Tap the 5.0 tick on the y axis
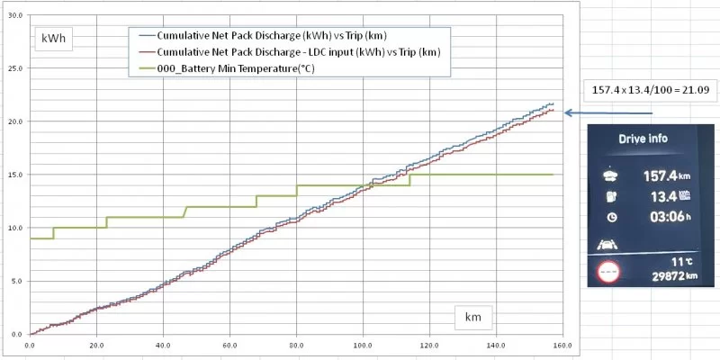coord(18,281)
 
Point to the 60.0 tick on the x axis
coord(230,345)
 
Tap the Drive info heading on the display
coord(645,140)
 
